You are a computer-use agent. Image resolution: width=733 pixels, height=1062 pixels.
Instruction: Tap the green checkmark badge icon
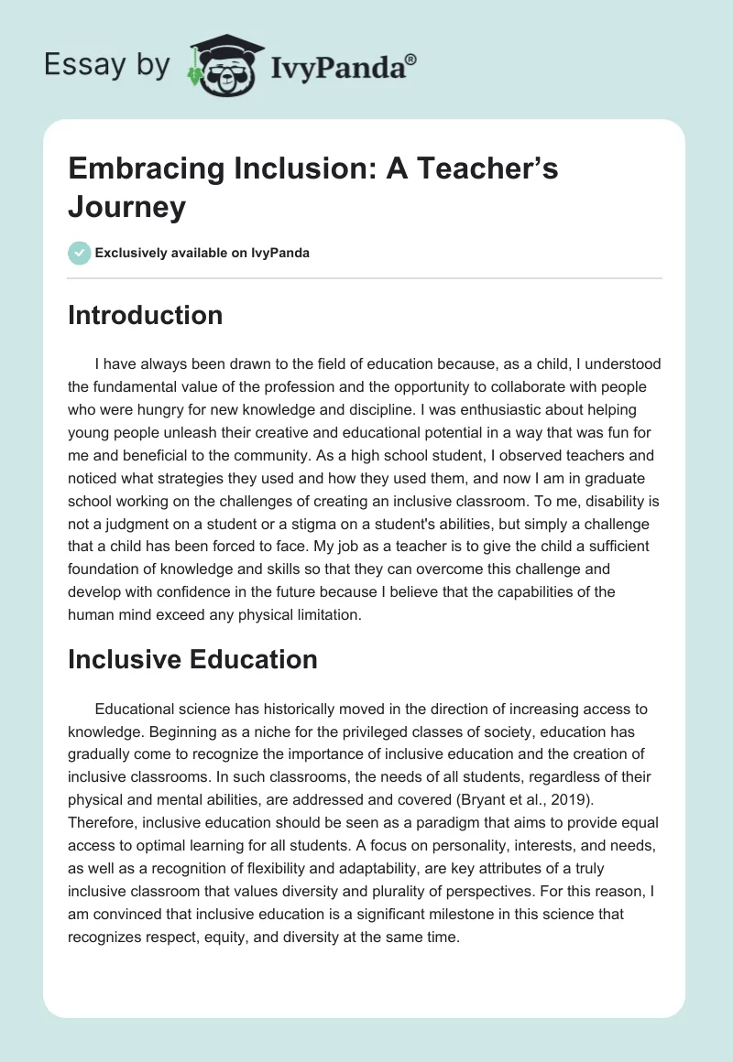coord(80,253)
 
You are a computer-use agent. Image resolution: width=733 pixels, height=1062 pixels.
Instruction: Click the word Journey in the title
coord(126,207)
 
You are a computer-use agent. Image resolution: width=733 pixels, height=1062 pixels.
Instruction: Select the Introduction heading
coord(145,315)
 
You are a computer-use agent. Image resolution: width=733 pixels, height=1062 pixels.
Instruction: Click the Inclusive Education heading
coord(192,659)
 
